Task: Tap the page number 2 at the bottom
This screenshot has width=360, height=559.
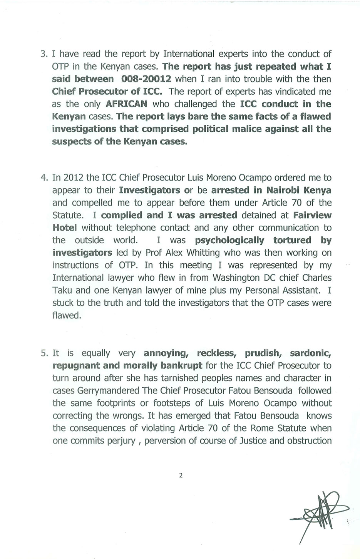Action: tap(181, 475)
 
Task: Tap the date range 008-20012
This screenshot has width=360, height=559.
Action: tap(146, 79)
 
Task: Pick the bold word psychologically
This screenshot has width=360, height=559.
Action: tap(229, 240)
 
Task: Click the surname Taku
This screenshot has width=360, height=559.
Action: tap(61, 290)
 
